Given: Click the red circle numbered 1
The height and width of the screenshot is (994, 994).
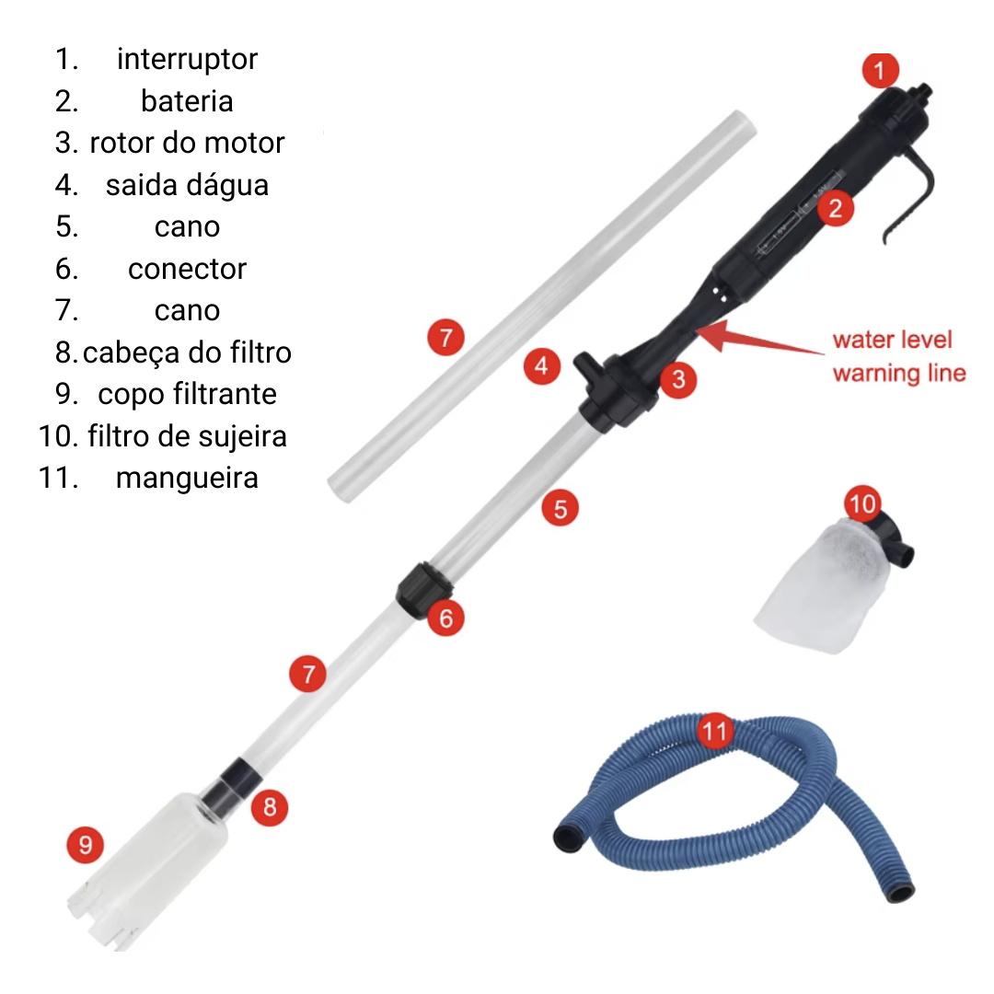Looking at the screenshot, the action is [880, 70].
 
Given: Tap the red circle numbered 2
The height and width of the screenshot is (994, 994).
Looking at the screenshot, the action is [836, 208].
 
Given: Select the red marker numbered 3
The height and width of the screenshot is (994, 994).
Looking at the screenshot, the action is [678, 379].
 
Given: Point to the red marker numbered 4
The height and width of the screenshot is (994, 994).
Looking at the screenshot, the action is [541, 365].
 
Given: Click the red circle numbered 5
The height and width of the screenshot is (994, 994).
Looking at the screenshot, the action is [560, 508].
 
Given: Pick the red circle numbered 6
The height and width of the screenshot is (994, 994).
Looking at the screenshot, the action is [445, 618].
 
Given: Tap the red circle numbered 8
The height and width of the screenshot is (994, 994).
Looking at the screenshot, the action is [270, 807].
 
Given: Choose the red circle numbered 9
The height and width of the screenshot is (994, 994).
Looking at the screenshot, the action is [86, 844].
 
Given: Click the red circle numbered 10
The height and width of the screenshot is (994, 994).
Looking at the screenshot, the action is [862, 504].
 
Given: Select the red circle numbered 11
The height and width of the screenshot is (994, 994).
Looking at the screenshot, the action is [715, 731].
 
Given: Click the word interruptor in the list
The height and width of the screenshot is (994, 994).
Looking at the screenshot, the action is [187, 59].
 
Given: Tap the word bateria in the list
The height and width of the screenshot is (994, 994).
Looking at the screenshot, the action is [187, 101].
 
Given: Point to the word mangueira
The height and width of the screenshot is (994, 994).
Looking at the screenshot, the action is [187, 478].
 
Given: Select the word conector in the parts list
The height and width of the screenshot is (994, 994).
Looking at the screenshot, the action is [187, 269].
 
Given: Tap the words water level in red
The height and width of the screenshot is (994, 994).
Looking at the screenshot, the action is [892, 340].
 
